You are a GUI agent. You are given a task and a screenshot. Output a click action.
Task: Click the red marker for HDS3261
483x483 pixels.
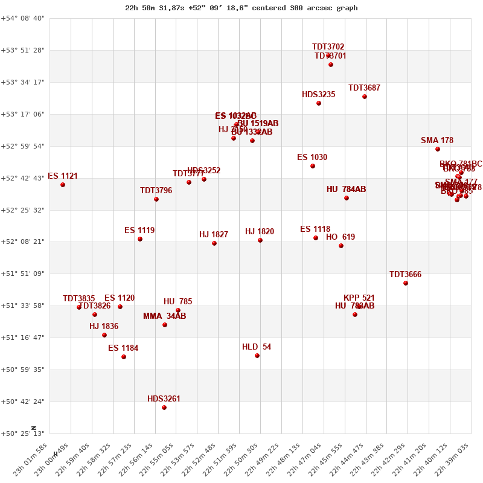point(164,408)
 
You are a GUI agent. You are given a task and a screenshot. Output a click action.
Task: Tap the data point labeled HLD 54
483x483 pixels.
point(257,356)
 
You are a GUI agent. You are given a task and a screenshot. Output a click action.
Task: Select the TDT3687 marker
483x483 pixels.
point(365,97)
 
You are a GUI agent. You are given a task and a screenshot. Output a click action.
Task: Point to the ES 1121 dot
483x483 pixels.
point(63,185)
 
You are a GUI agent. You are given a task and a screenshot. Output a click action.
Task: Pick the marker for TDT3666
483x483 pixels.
point(406,283)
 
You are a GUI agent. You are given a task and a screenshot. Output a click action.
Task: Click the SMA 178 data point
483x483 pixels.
point(438,149)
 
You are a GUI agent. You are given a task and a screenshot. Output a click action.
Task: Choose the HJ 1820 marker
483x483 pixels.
point(260,240)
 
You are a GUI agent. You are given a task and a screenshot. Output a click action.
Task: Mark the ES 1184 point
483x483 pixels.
point(124,357)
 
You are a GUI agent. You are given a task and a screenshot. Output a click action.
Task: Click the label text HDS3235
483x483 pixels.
point(319,95)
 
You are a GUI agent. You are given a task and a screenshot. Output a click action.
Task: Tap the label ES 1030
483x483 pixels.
point(312,158)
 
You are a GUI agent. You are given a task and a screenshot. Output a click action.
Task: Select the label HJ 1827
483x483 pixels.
point(214,235)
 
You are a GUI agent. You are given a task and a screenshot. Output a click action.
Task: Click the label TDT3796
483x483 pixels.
point(156,191)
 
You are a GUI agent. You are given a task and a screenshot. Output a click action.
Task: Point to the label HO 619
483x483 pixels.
point(341,237)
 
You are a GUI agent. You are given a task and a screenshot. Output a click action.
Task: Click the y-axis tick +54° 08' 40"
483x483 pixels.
point(23,18)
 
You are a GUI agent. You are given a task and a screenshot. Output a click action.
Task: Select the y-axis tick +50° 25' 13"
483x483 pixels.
point(23,433)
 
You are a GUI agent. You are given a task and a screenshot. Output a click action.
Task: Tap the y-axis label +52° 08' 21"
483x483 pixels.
point(23,242)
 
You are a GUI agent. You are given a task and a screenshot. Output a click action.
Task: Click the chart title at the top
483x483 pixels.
point(241,8)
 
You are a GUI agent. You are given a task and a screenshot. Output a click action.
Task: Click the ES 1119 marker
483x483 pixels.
point(140,239)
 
